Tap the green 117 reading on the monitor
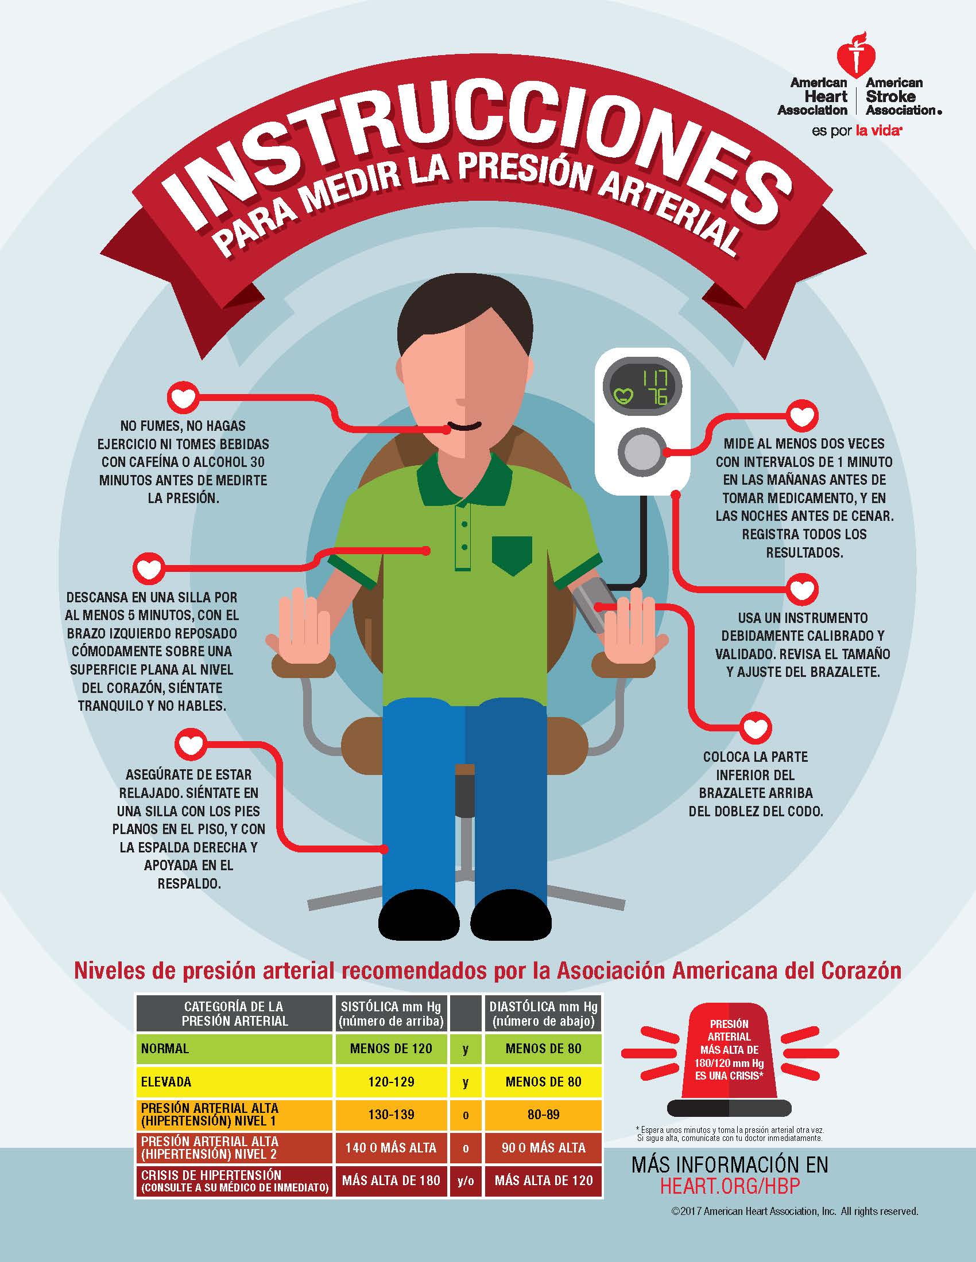pos(654,379)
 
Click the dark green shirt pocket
pos(512,555)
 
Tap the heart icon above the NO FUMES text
pos(183,398)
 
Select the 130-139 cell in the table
pos(392,1115)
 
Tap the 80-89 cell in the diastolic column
pos(544,1115)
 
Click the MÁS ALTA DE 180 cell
pos(392,1181)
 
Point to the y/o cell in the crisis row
pos(466,1181)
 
